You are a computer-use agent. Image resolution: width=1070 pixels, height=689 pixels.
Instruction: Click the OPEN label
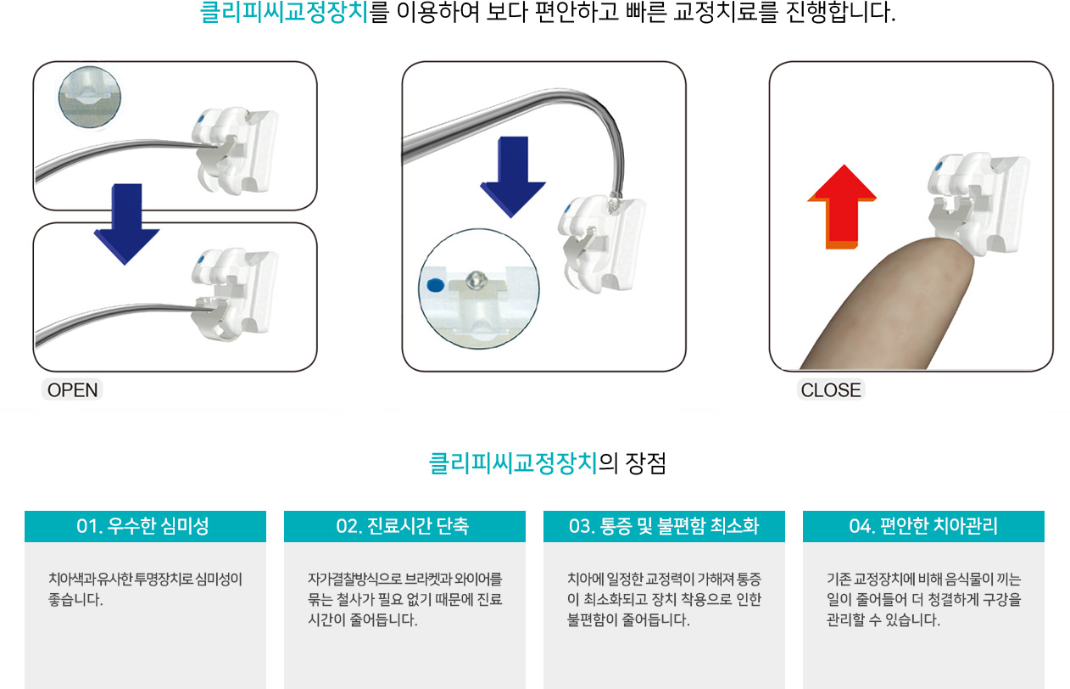(x=72, y=390)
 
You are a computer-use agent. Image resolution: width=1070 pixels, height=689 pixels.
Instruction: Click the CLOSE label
(x=831, y=390)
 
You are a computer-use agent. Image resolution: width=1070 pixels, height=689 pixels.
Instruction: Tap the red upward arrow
(x=842, y=207)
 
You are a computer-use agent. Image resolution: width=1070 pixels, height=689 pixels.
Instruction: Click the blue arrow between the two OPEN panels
(x=126, y=224)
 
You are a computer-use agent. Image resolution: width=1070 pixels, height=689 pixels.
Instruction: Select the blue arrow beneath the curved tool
(x=513, y=176)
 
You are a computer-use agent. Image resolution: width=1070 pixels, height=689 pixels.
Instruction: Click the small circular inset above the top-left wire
(x=89, y=97)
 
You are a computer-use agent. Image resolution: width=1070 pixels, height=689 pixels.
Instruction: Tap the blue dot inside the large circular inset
(x=435, y=285)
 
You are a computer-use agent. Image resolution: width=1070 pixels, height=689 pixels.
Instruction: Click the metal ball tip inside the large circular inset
(x=476, y=279)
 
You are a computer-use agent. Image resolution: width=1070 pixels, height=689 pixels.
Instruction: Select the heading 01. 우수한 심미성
(x=142, y=526)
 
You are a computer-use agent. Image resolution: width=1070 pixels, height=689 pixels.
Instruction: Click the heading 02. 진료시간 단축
(x=402, y=526)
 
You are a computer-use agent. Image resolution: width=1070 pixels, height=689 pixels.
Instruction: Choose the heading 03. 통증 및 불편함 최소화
(x=664, y=526)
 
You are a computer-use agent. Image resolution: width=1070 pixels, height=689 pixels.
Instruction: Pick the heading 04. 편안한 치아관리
(x=923, y=526)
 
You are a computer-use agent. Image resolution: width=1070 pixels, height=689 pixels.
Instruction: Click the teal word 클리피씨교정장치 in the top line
(x=284, y=12)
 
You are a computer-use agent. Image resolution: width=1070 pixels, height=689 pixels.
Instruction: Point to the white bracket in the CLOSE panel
(x=977, y=205)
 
